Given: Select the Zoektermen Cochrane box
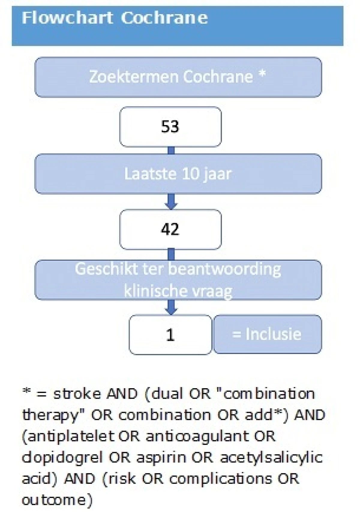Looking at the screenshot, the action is (178, 77).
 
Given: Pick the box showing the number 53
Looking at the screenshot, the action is (170, 127).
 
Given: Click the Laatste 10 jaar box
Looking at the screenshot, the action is (178, 174).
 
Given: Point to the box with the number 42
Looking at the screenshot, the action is (170, 229).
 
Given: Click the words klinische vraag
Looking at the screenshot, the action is (178, 291).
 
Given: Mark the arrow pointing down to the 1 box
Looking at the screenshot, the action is (171, 307).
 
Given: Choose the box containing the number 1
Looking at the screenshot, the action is (170, 334).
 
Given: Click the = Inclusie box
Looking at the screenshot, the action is (268, 334).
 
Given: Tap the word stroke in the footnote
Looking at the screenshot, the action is (77, 394).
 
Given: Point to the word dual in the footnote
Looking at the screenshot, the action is (167, 394).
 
